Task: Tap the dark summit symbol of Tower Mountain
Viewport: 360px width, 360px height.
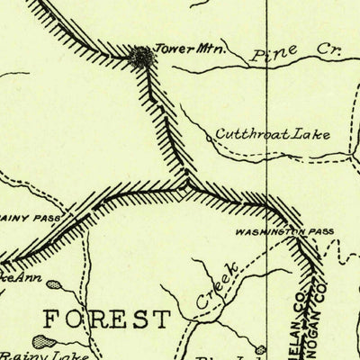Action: pos(141,58)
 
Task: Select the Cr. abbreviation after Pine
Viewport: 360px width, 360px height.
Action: pos(310,52)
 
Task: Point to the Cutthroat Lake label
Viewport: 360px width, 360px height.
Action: pos(272,135)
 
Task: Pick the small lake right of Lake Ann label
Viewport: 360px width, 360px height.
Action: pos(54,284)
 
